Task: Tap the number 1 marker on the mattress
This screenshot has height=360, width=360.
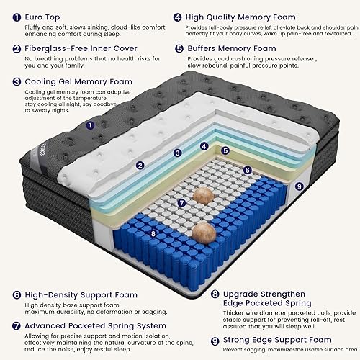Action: pos(90,125)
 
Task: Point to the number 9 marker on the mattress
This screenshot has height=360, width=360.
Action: pos(299,186)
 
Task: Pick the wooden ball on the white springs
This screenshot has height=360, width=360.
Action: pos(203,194)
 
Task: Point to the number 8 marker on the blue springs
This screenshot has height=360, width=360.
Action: pos(153,233)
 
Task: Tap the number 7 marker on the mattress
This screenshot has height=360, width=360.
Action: pos(182,203)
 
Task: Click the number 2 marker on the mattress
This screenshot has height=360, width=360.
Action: pos(140,164)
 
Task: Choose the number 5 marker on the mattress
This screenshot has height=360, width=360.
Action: pos(225,150)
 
